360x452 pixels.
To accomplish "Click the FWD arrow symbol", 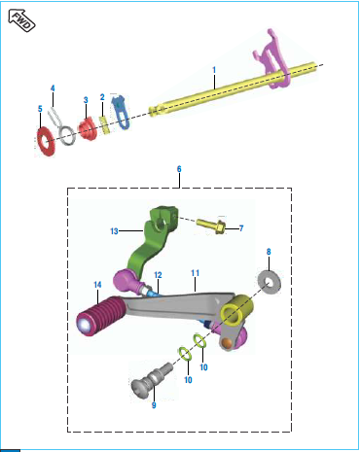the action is click(x=21, y=20).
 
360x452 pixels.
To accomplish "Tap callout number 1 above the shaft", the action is click(x=214, y=70).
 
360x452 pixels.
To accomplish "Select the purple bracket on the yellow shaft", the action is click(x=271, y=60).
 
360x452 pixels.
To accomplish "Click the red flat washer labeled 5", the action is click(x=46, y=142).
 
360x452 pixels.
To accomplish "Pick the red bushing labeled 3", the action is click(x=88, y=129).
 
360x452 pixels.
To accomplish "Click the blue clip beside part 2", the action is click(x=121, y=111).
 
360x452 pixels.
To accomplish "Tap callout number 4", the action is click(x=53, y=88).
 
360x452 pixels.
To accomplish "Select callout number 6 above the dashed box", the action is click(x=179, y=169).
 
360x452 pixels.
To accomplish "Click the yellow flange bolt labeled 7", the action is click(x=211, y=226).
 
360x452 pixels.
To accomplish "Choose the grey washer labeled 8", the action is click(x=270, y=282).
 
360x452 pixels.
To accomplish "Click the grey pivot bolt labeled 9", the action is click(x=152, y=380).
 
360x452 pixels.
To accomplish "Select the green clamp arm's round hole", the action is click(x=160, y=224).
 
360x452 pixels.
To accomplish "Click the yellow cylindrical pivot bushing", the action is click(x=236, y=310).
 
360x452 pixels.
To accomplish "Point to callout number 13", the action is click(x=114, y=231).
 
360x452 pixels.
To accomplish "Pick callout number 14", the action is click(x=97, y=285).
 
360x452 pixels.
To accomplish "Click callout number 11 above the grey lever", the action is click(x=195, y=273).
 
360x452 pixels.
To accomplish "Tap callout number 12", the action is click(x=158, y=275).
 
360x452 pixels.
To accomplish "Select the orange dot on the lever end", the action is click(x=229, y=343).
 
